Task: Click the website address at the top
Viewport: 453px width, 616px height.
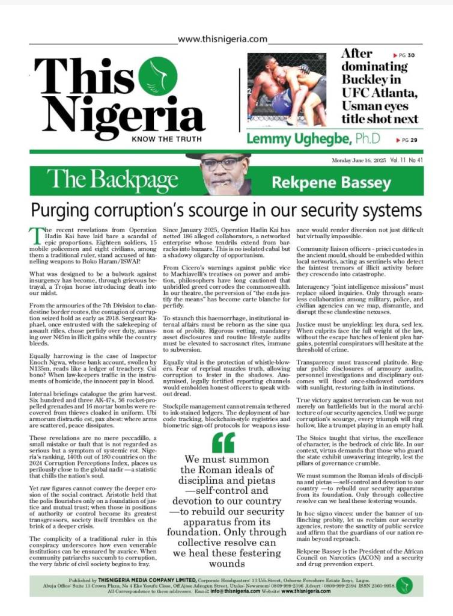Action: click(222, 39)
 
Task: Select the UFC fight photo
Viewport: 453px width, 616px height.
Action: click(287, 89)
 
